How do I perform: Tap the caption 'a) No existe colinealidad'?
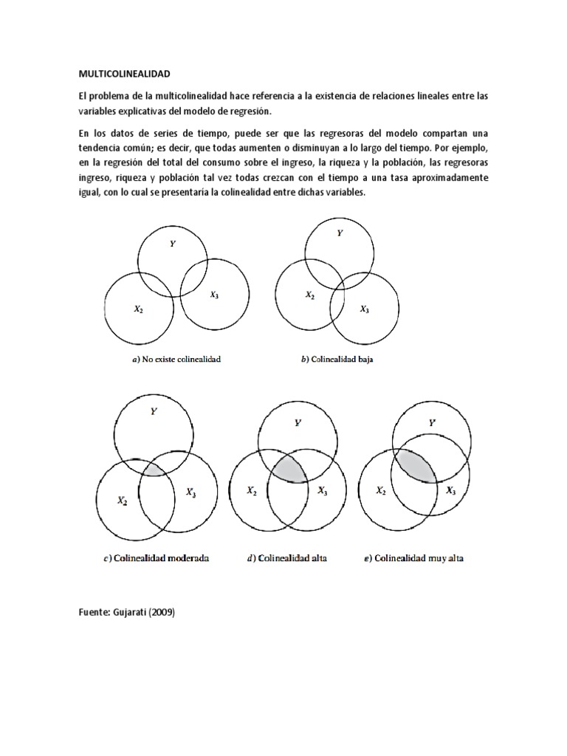[x=173, y=360]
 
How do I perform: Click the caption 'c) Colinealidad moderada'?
[x=156, y=558]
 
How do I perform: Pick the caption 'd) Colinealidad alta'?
[x=286, y=558]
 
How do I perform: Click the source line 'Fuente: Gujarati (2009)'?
[x=126, y=612]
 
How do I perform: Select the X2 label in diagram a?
[x=138, y=310]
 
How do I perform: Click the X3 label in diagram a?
[x=213, y=295]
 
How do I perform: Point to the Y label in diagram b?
[x=340, y=233]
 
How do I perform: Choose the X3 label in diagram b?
[x=365, y=309]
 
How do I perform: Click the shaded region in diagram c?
[x=155, y=468]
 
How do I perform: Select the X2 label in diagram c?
[x=123, y=500]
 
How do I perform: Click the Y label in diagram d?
[x=298, y=423]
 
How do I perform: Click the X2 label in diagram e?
[x=381, y=491]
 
